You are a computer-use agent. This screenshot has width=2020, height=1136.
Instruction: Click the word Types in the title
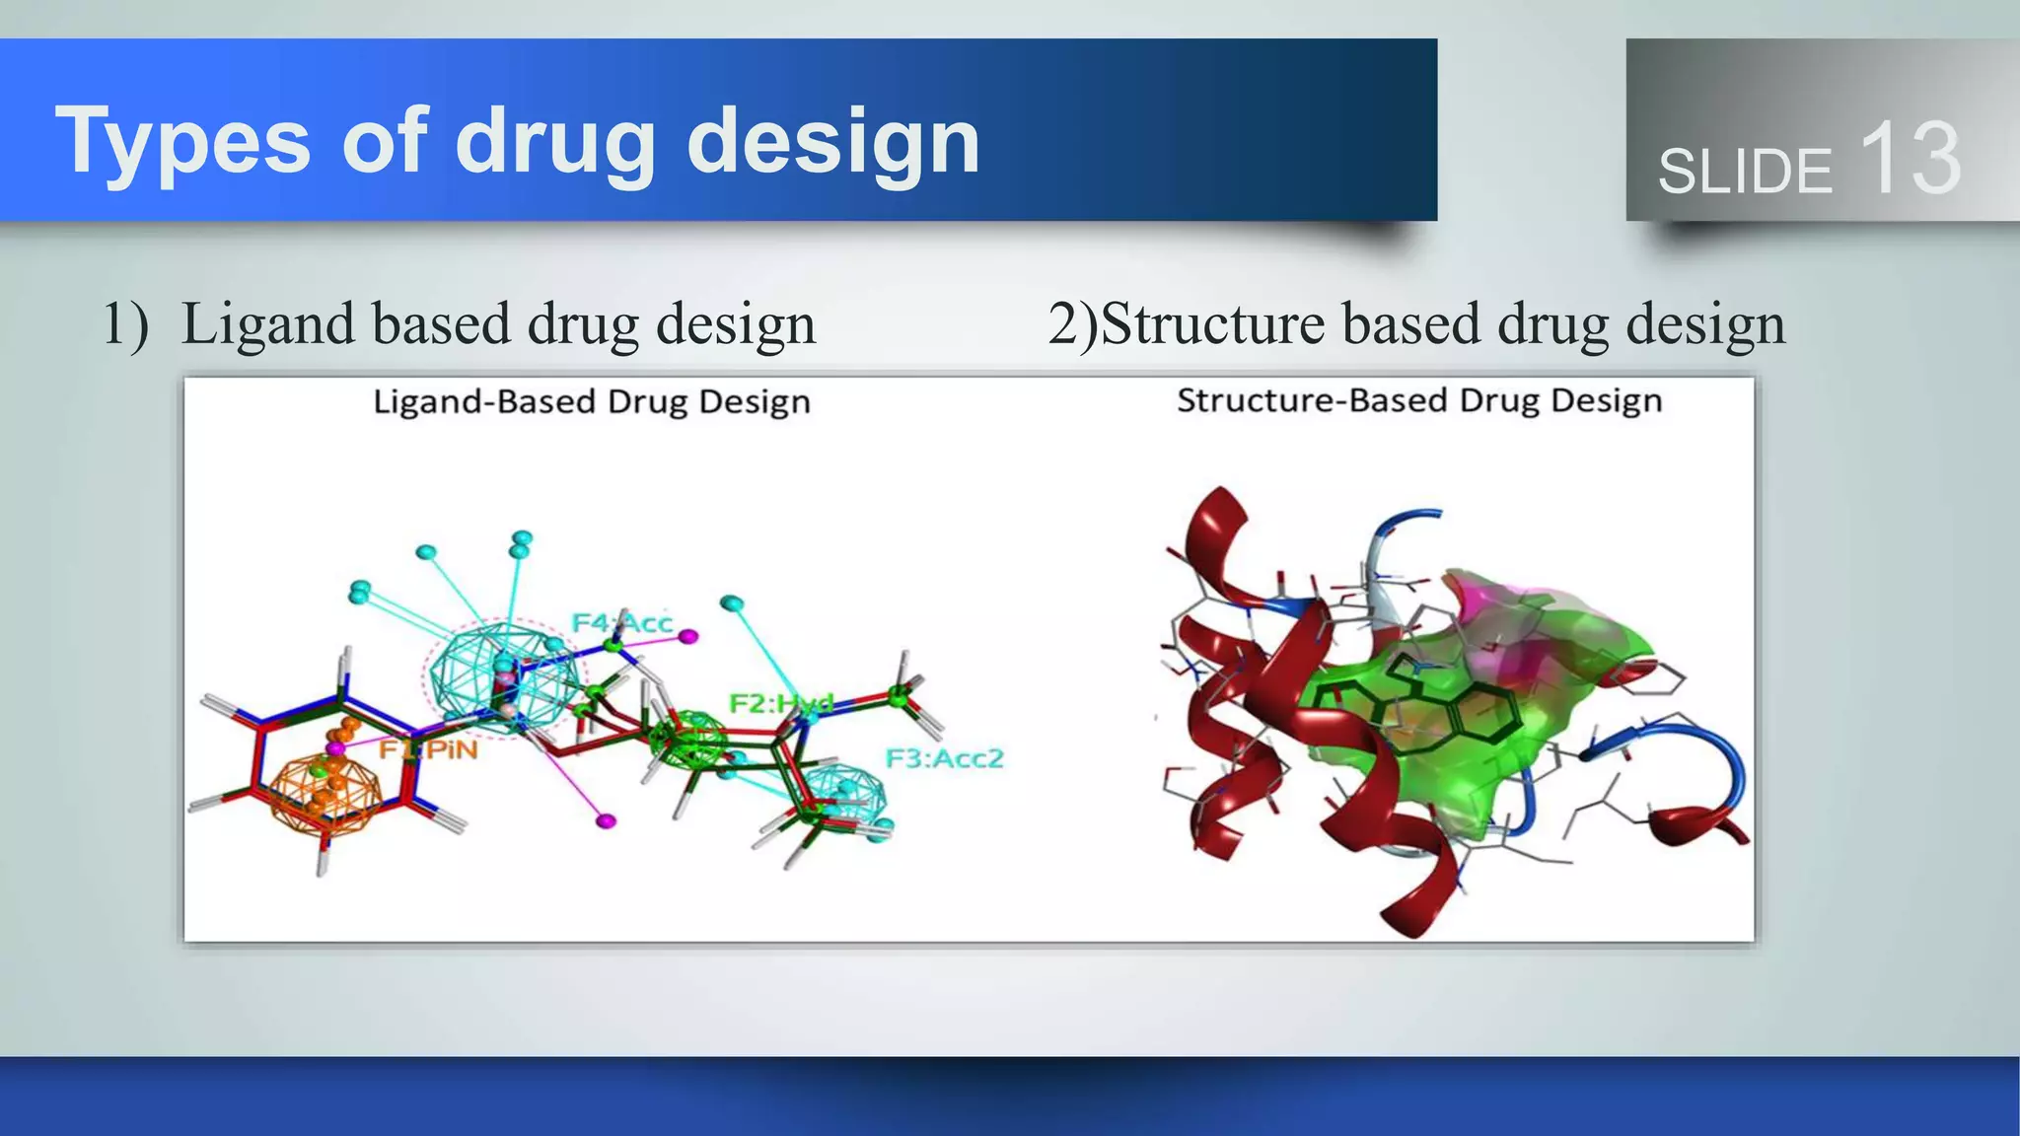[182, 141]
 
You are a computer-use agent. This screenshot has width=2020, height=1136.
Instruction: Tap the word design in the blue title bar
[832, 141]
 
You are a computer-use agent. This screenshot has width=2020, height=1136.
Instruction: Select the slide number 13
[1910, 158]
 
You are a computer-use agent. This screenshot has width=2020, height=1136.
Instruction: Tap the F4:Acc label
[622, 622]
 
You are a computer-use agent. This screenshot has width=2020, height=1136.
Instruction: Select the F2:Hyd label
[780, 703]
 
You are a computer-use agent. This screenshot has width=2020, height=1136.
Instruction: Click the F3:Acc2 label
[944, 758]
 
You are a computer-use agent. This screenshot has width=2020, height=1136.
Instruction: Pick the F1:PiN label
[429, 749]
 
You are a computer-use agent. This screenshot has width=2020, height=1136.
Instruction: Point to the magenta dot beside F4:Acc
[688, 637]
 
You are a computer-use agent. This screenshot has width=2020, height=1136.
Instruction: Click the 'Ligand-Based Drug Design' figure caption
[592, 402]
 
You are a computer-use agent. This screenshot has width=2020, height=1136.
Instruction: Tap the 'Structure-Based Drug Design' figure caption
[1419, 400]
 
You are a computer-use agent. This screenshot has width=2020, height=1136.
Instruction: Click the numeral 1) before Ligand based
[125, 323]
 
